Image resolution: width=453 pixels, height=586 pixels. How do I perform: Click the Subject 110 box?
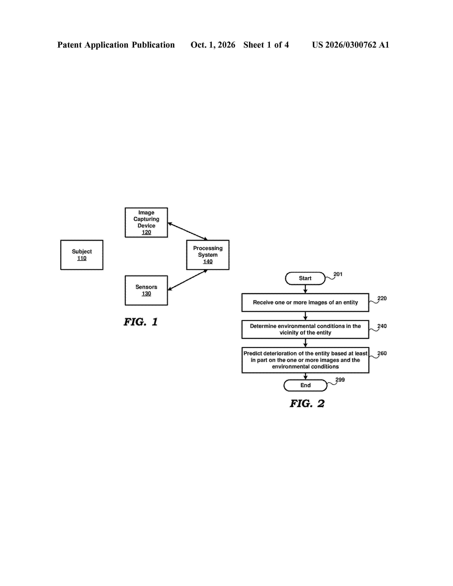click(82, 255)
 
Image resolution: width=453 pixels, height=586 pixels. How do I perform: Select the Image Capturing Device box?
click(146, 223)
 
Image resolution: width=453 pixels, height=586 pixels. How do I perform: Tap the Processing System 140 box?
click(208, 255)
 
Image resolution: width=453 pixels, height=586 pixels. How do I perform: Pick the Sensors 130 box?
click(146, 290)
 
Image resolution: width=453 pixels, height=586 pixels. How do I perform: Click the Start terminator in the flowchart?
click(305, 278)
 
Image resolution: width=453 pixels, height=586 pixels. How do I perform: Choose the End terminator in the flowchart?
click(305, 385)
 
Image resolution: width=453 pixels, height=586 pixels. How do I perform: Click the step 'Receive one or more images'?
click(305, 302)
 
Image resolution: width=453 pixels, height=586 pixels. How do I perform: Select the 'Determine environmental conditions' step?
click(305, 329)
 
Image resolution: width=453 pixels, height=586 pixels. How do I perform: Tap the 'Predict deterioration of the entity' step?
click(305, 360)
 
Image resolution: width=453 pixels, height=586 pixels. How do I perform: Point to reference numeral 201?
click(338, 274)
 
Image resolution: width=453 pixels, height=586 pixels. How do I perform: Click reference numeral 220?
click(382, 298)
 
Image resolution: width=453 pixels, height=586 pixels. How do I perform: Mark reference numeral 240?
click(382, 326)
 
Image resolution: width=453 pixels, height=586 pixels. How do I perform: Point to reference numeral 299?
click(340, 380)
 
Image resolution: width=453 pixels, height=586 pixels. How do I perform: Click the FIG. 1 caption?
click(141, 322)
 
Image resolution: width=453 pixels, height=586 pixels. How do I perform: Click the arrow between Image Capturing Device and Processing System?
click(188, 231)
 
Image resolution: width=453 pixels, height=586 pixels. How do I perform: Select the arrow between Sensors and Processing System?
click(188, 280)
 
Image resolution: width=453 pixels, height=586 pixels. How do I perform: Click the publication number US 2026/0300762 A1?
click(350, 45)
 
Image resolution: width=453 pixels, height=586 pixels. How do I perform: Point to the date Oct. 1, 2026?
click(213, 45)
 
